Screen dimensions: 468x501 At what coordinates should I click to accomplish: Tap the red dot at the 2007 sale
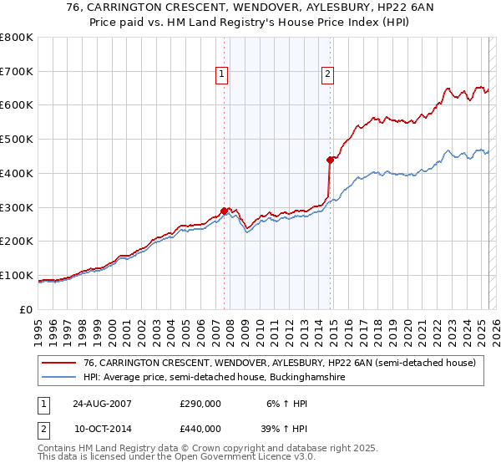pos(225,211)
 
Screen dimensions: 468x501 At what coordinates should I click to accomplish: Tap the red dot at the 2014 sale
pos(331,160)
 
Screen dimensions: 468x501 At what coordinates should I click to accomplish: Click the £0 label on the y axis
pos(25,309)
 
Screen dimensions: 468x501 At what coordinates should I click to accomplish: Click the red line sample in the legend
pos(58,363)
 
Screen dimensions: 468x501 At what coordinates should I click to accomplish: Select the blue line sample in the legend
pos(58,378)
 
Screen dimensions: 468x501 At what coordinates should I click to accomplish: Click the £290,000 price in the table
pos(200,403)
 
